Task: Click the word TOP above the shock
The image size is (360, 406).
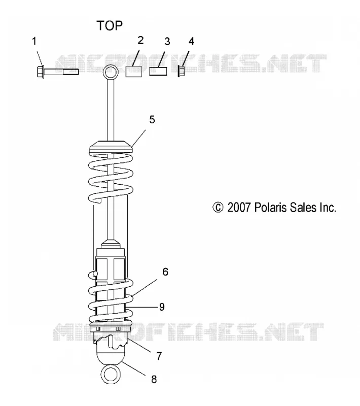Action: [x=110, y=26]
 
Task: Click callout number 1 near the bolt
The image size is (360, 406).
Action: [x=34, y=41]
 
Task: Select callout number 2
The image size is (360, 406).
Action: [x=140, y=40]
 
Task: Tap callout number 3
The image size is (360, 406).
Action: [x=167, y=42]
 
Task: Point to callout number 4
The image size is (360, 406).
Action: [x=191, y=41]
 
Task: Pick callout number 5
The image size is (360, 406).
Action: [x=152, y=120]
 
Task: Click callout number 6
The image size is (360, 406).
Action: [x=165, y=272]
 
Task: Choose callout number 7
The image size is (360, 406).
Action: [x=159, y=356]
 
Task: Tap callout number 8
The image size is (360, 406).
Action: [x=154, y=379]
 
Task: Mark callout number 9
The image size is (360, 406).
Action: [x=162, y=307]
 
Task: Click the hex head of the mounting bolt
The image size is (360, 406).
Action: [x=41, y=72]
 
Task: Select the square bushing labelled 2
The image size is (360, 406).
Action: [x=134, y=72]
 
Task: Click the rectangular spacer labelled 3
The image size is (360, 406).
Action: [x=158, y=72]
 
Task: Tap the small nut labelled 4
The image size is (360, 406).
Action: [x=181, y=72]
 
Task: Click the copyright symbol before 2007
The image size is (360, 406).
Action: [x=218, y=208]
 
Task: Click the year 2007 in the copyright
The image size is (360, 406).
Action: [x=239, y=208]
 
